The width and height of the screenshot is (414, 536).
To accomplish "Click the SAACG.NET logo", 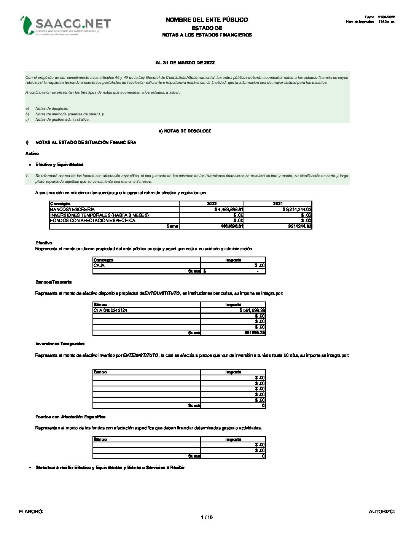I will (x=65, y=25).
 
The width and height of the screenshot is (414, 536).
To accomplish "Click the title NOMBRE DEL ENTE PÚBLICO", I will (x=207, y=20).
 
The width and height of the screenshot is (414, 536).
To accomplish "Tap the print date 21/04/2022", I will (x=386, y=17).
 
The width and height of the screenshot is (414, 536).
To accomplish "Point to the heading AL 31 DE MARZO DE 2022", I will (x=185, y=63).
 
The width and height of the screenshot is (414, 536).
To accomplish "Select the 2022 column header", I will (x=212, y=204).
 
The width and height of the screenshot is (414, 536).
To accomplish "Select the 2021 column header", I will (x=278, y=204).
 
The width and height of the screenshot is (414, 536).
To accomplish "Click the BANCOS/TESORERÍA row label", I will (x=72, y=209).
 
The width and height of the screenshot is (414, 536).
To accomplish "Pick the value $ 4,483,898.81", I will (x=229, y=209).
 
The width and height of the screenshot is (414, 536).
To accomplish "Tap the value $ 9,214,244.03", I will (x=297, y=209).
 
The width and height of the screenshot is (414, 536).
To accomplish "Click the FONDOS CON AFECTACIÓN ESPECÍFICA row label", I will (x=92, y=220).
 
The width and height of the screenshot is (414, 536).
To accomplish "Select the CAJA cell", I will (x=99, y=265).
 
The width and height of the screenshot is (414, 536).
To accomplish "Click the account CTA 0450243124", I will (x=110, y=310).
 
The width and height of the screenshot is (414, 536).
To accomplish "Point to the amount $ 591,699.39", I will (x=252, y=310).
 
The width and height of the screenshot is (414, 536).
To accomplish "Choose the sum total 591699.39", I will (x=255, y=333).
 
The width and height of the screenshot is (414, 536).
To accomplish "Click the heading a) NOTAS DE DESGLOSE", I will (x=185, y=131).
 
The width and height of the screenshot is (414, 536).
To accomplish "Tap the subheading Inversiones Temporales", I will (x=60, y=344).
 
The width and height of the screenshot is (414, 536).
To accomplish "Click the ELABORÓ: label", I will (x=31, y=512).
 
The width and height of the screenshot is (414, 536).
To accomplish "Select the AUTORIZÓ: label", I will (x=382, y=512).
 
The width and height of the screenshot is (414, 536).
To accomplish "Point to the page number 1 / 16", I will (x=207, y=517).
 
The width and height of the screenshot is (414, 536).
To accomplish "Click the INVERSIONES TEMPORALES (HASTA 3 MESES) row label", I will (x=99, y=215).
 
